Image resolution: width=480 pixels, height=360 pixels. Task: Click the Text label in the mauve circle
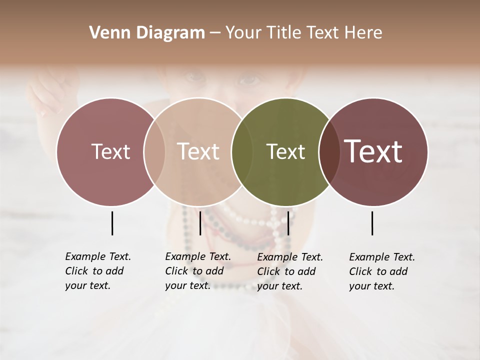[x=110, y=151]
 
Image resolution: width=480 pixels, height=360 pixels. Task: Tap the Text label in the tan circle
[x=198, y=151]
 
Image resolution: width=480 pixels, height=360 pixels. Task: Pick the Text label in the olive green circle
[x=285, y=151]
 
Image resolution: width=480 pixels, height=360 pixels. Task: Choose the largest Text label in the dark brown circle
[x=373, y=151]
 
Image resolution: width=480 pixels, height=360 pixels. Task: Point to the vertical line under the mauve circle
[x=112, y=223]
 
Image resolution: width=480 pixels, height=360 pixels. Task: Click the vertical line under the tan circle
[x=200, y=223]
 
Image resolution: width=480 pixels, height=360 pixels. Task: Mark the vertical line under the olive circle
[x=288, y=223]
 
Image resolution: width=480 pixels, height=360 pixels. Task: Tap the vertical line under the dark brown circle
[x=372, y=223]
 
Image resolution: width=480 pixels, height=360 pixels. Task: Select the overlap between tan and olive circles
[x=241, y=151]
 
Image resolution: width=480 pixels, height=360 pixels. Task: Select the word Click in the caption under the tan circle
[x=176, y=271]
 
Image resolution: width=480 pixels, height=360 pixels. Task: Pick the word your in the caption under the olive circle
[x=268, y=286]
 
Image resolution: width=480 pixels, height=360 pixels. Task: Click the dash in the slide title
[x=215, y=33]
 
